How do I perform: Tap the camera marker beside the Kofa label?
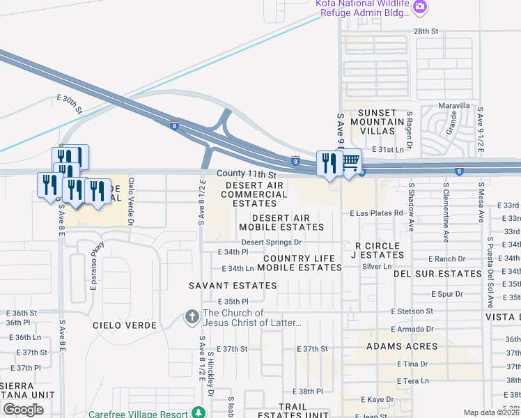(x=419, y=8)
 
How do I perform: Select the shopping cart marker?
(x=350, y=162)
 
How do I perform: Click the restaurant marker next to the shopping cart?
(x=329, y=164)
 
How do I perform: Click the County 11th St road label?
(x=247, y=174)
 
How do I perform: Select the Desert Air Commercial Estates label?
(x=254, y=194)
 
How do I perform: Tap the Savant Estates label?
(x=233, y=286)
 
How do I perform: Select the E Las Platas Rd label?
(x=377, y=212)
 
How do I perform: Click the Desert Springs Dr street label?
(x=271, y=242)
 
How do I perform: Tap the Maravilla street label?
(x=454, y=106)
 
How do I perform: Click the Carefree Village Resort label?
(x=138, y=414)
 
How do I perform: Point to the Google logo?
(x=23, y=410)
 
